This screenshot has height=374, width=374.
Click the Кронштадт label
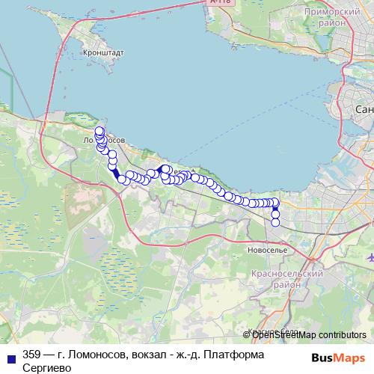[105, 54]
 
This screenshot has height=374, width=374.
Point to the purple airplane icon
[370, 257]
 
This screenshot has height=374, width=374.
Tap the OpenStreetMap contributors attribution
[304, 334]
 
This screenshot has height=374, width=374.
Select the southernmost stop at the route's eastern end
[275, 221]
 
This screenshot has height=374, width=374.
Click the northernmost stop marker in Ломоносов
[99, 131]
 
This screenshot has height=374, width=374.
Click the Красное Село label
[271, 330]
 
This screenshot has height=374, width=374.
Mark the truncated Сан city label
[364, 110]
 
